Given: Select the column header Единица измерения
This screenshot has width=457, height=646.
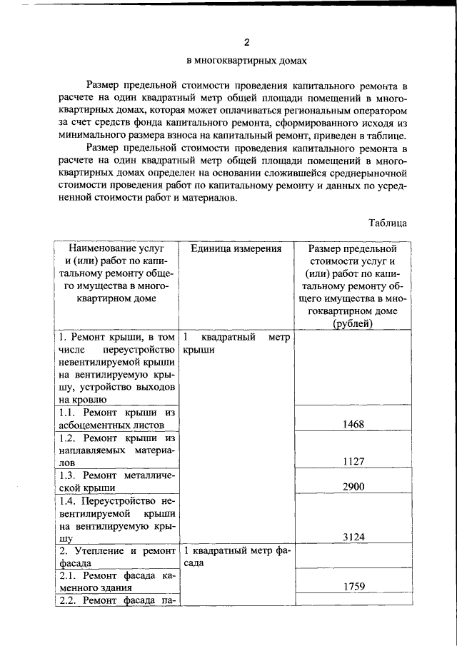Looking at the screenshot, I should pyautogui.click(x=236, y=248).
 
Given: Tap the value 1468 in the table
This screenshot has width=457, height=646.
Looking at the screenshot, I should pyautogui.click(x=353, y=424).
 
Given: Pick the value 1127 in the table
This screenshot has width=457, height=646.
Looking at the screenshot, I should pyautogui.click(x=353, y=461).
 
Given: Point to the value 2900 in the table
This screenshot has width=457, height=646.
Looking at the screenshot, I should pyautogui.click(x=353, y=486).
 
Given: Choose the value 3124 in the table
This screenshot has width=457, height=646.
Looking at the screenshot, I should pyautogui.click(x=353, y=537).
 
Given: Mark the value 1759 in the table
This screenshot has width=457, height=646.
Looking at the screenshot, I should pyautogui.click(x=353, y=587).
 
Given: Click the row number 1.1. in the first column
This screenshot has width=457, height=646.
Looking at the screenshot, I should pyautogui.click(x=69, y=412).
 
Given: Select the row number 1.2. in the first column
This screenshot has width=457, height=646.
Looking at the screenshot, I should pyautogui.click(x=69, y=438).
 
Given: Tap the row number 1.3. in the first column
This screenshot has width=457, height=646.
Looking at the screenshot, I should pyautogui.click(x=69, y=475).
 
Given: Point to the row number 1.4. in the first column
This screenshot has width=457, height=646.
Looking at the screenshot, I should pyautogui.click(x=69, y=500).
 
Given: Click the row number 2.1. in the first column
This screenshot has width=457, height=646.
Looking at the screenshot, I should pyautogui.click(x=69, y=575).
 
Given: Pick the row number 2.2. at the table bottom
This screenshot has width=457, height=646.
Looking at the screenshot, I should pyautogui.click(x=69, y=600).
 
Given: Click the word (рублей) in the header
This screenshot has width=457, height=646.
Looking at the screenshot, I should pyautogui.click(x=353, y=324).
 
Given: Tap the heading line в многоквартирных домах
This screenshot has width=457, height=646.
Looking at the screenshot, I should pyautogui.click(x=246, y=61).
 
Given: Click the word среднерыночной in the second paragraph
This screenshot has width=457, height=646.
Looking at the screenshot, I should pyautogui.click(x=366, y=173).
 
